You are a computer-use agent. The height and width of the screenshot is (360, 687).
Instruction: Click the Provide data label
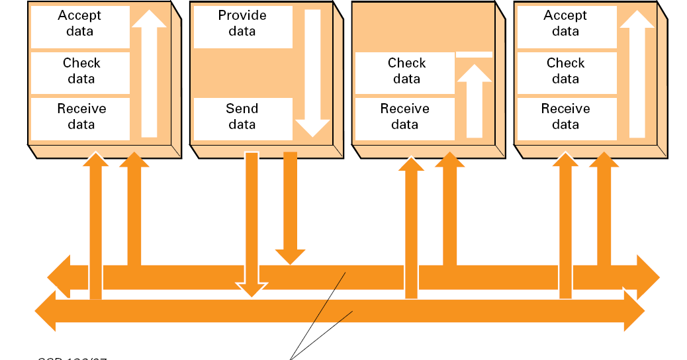coord(242,23)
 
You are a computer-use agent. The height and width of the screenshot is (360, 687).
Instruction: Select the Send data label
coord(242,116)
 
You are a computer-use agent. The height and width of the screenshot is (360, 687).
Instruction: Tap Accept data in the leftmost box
coord(80,23)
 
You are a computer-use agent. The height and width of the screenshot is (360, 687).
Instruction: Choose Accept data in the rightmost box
coord(565,23)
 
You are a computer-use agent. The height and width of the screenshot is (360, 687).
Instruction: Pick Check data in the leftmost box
coord(81,71)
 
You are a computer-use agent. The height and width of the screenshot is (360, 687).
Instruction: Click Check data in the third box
coord(406,71)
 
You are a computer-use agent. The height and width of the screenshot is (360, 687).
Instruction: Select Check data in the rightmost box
coord(565,71)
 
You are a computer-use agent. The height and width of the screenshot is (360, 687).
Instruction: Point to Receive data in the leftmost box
coord(81,116)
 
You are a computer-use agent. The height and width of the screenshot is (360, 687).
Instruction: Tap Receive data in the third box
coord(404,116)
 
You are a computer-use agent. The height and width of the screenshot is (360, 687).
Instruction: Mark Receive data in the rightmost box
coord(565,116)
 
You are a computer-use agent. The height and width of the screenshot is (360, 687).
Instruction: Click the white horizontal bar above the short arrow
coord(474,54)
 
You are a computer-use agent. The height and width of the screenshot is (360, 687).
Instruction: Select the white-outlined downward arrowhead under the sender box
coord(252,289)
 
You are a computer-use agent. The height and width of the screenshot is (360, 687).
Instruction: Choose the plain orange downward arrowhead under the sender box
coord(290,256)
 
